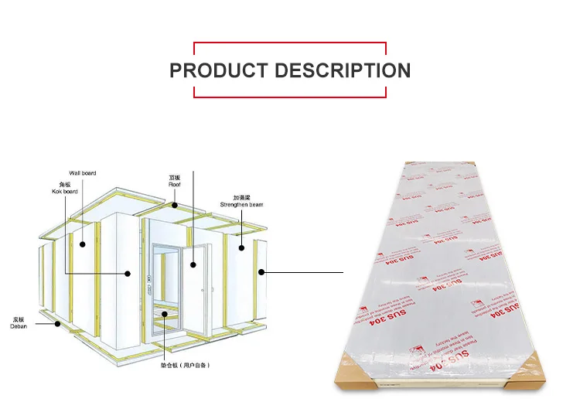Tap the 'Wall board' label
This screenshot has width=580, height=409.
pos(83,173)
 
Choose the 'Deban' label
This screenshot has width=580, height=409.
pos(19,323)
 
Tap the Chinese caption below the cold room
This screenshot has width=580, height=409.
pos(186,365)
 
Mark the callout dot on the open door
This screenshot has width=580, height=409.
pos(193,264)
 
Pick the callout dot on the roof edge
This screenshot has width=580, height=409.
pos(176,206)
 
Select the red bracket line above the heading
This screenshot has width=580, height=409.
pos(289,43)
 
